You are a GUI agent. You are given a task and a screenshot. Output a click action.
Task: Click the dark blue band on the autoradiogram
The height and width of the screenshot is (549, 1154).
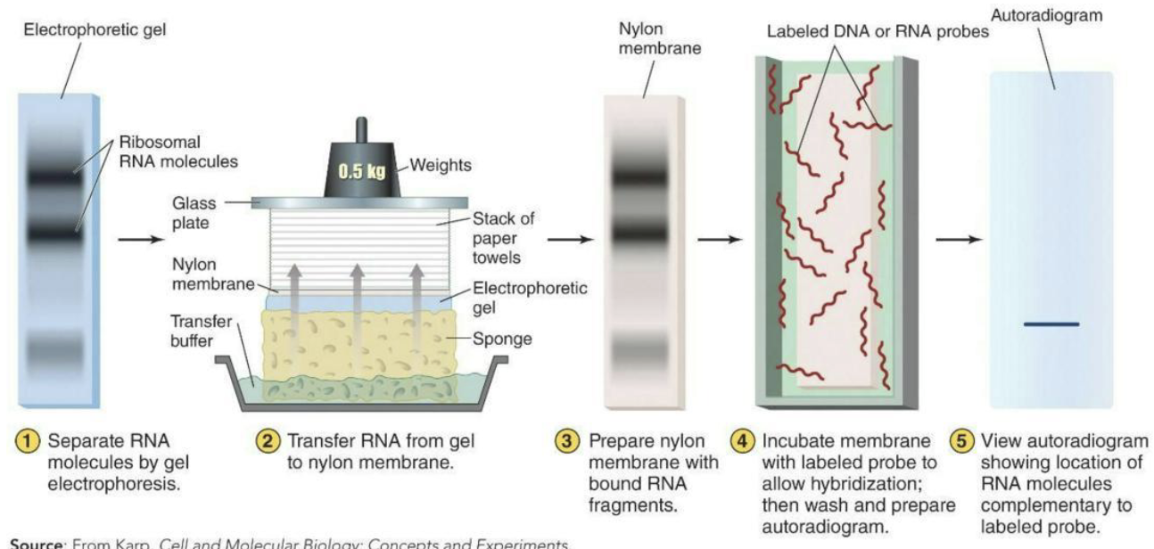coord(1051,324)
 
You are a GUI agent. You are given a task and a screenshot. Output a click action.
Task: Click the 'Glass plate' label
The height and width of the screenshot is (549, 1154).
coord(194,212)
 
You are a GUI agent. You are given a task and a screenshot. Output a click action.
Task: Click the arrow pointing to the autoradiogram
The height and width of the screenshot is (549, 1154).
coord(960,239)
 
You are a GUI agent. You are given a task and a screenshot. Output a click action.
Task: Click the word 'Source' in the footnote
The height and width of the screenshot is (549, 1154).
coord(34,543)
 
